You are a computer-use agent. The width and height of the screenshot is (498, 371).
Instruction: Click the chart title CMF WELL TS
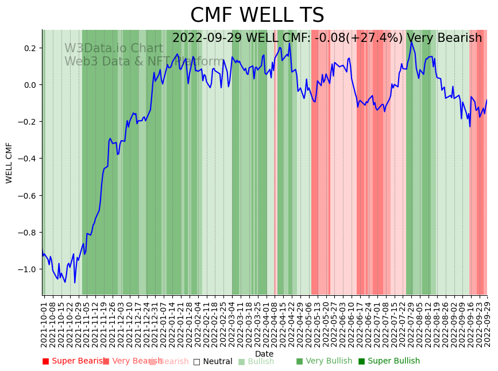click(x=257, y=16)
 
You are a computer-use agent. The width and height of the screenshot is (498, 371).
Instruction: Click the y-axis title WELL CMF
click(x=9, y=163)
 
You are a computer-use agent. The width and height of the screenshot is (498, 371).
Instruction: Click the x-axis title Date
click(x=264, y=354)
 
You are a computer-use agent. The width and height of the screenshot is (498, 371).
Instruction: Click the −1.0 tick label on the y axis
click(x=28, y=269)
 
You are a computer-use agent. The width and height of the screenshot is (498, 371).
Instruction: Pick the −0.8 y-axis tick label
click(x=28, y=233)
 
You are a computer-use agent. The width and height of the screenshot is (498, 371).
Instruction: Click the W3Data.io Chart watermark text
click(x=113, y=48)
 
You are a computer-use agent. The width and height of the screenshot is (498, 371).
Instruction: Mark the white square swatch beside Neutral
click(x=196, y=361)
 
